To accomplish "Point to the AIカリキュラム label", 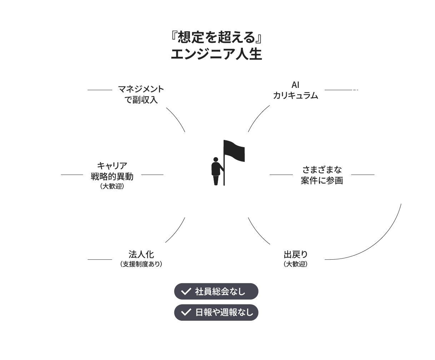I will [295, 90].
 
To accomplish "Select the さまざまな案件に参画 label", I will [322, 175].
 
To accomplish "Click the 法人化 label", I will [141, 255].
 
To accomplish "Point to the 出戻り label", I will [295, 255].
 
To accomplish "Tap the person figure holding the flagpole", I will [215, 171].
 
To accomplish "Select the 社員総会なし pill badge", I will [216, 291].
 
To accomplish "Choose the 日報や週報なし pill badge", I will [216, 312].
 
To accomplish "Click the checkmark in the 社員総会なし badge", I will [186, 291].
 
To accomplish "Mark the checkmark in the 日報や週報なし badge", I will [186, 312].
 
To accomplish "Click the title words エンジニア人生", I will [216, 54].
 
